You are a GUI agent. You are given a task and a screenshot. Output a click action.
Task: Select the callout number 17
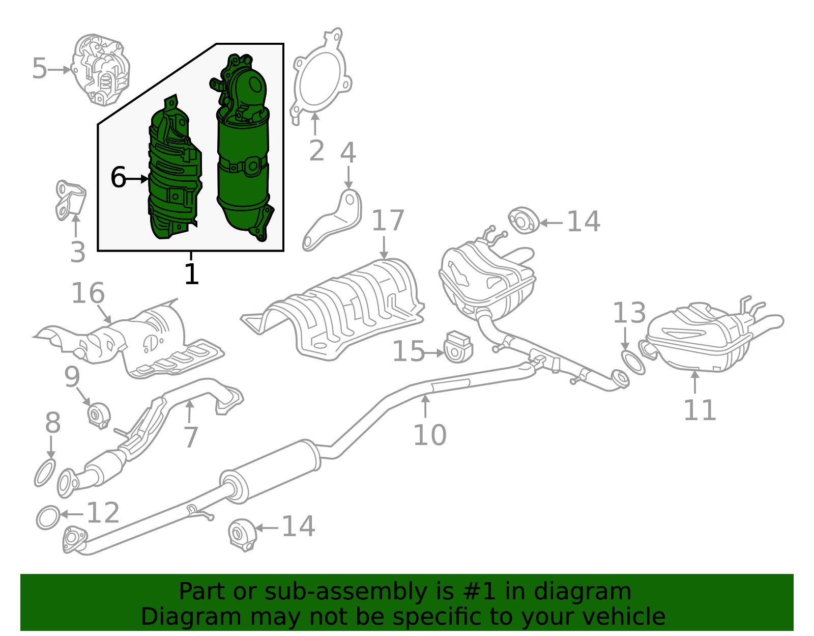[x=388, y=221]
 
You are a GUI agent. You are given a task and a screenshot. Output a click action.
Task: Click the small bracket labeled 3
[x=70, y=200]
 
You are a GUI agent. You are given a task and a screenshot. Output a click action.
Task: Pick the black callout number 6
[x=118, y=178]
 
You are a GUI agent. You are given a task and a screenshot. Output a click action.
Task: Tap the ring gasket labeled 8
[x=45, y=473]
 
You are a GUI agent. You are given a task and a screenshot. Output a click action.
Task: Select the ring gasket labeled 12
[x=48, y=517]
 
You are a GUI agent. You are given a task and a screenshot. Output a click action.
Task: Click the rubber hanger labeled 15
[x=458, y=347]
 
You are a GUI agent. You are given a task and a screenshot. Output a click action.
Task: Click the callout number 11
[x=700, y=410]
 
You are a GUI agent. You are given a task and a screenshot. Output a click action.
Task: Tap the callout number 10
[x=429, y=435]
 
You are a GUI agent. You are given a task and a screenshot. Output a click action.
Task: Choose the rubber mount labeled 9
[x=98, y=414]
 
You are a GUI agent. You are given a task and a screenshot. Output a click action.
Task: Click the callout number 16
[x=88, y=293]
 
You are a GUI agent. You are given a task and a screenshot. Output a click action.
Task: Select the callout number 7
[x=191, y=437]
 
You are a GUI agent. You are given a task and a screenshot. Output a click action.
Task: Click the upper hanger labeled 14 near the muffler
[x=524, y=220]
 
